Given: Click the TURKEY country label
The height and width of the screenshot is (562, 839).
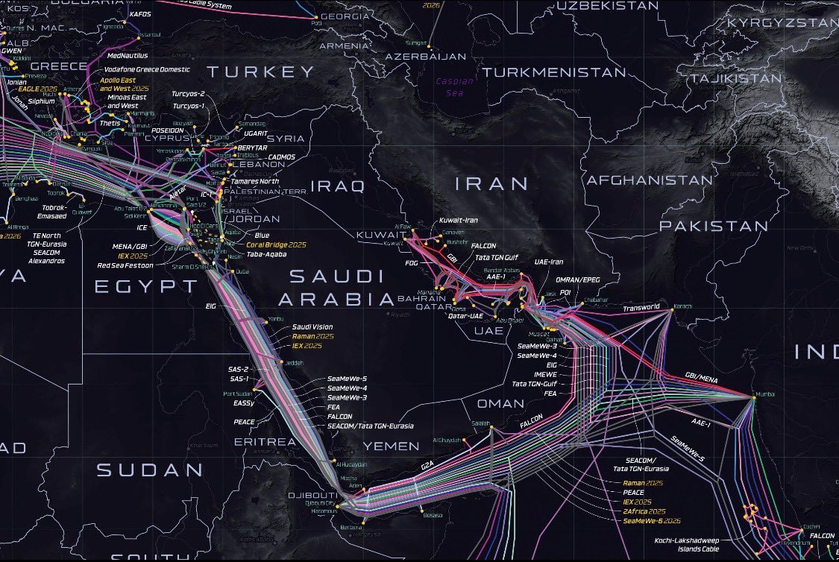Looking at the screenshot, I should coord(261,72).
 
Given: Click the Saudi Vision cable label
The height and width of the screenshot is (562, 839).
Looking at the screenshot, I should coord(312,326).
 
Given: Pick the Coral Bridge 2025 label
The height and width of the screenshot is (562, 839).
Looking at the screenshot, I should coord(277,244).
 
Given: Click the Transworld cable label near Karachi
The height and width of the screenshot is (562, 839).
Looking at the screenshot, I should coord(642,307).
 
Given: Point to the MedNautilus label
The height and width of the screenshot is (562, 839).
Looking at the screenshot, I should coord(128,56).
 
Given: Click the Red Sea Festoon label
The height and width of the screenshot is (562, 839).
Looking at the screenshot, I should coord(125,265).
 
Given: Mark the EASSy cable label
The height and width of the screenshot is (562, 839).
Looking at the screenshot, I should coord(244,403).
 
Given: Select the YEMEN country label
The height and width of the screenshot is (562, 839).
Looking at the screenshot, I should coord(392,446).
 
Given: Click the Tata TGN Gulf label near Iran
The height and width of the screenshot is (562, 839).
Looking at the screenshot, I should coord(497,258).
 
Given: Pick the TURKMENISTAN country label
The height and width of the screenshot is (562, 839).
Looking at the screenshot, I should coord(553,72).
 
